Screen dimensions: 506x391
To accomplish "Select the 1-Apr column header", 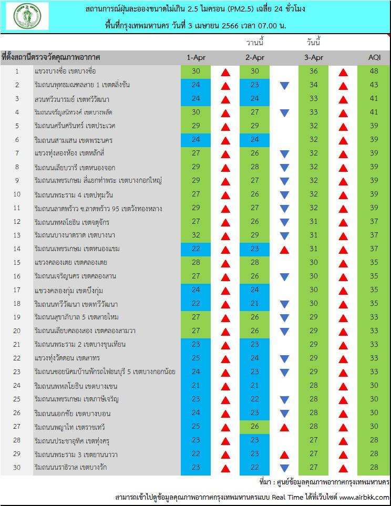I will (x=196, y=57).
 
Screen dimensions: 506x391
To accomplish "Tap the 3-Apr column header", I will (x=314, y=57).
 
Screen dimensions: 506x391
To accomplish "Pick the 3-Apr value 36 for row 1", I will (x=314, y=71).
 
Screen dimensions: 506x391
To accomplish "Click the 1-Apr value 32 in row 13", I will (x=196, y=235).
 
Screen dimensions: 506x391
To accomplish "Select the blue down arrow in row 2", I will (x=284, y=86).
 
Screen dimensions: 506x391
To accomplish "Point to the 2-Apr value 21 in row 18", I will (x=255, y=304).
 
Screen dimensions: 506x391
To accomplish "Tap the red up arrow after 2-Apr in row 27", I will (x=284, y=427).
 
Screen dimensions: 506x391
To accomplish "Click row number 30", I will (x=16, y=468).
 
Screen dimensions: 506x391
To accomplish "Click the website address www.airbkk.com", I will (x=364, y=497).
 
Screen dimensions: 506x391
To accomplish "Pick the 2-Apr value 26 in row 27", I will (x=255, y=427).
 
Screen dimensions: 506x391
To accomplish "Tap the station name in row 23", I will (x=104, y=372).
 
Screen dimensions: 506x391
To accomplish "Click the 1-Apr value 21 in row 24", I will (x=196, y=386).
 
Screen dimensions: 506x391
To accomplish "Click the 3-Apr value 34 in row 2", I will (x=314, y=85).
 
